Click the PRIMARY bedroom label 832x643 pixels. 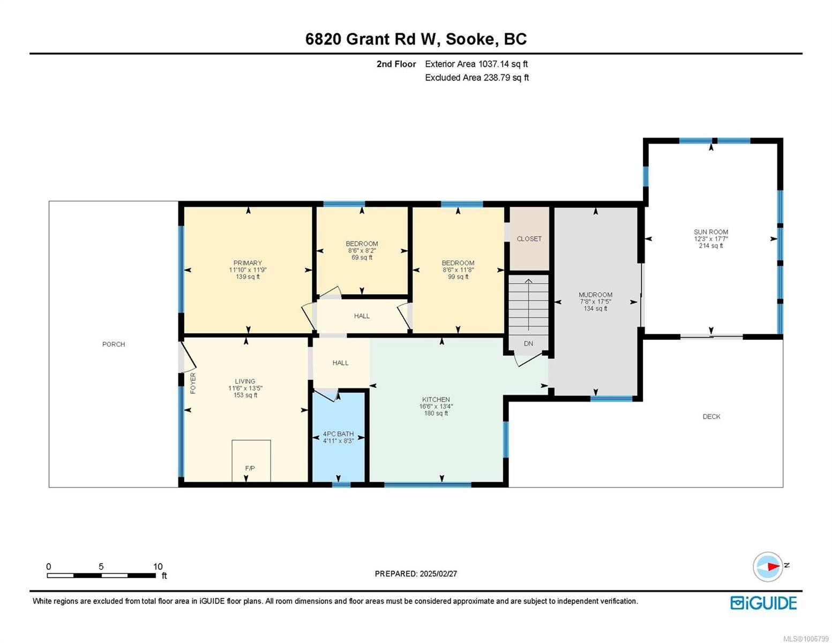pos(248,263)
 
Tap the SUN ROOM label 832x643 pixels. pos(710,232)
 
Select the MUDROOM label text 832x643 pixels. pos(595,295)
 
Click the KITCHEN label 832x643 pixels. pos(436,399)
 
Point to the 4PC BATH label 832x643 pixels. pos(338,434)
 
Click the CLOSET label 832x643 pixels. pos(529,239)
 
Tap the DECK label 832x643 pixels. pos(711,416)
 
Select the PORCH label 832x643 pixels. pos(114,344)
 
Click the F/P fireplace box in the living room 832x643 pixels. pos(251,461)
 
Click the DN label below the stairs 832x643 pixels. pos(528,343)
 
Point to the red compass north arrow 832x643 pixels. pos(772,566)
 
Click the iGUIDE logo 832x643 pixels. pos(763,603)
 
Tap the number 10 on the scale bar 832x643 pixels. pos(158,566)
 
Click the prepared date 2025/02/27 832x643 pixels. pos(438,573)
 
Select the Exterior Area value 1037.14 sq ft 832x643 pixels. pos(503,64)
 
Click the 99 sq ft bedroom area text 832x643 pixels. pos(458,277)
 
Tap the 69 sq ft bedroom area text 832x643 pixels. pos(362,258)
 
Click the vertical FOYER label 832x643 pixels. pos(193,383)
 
